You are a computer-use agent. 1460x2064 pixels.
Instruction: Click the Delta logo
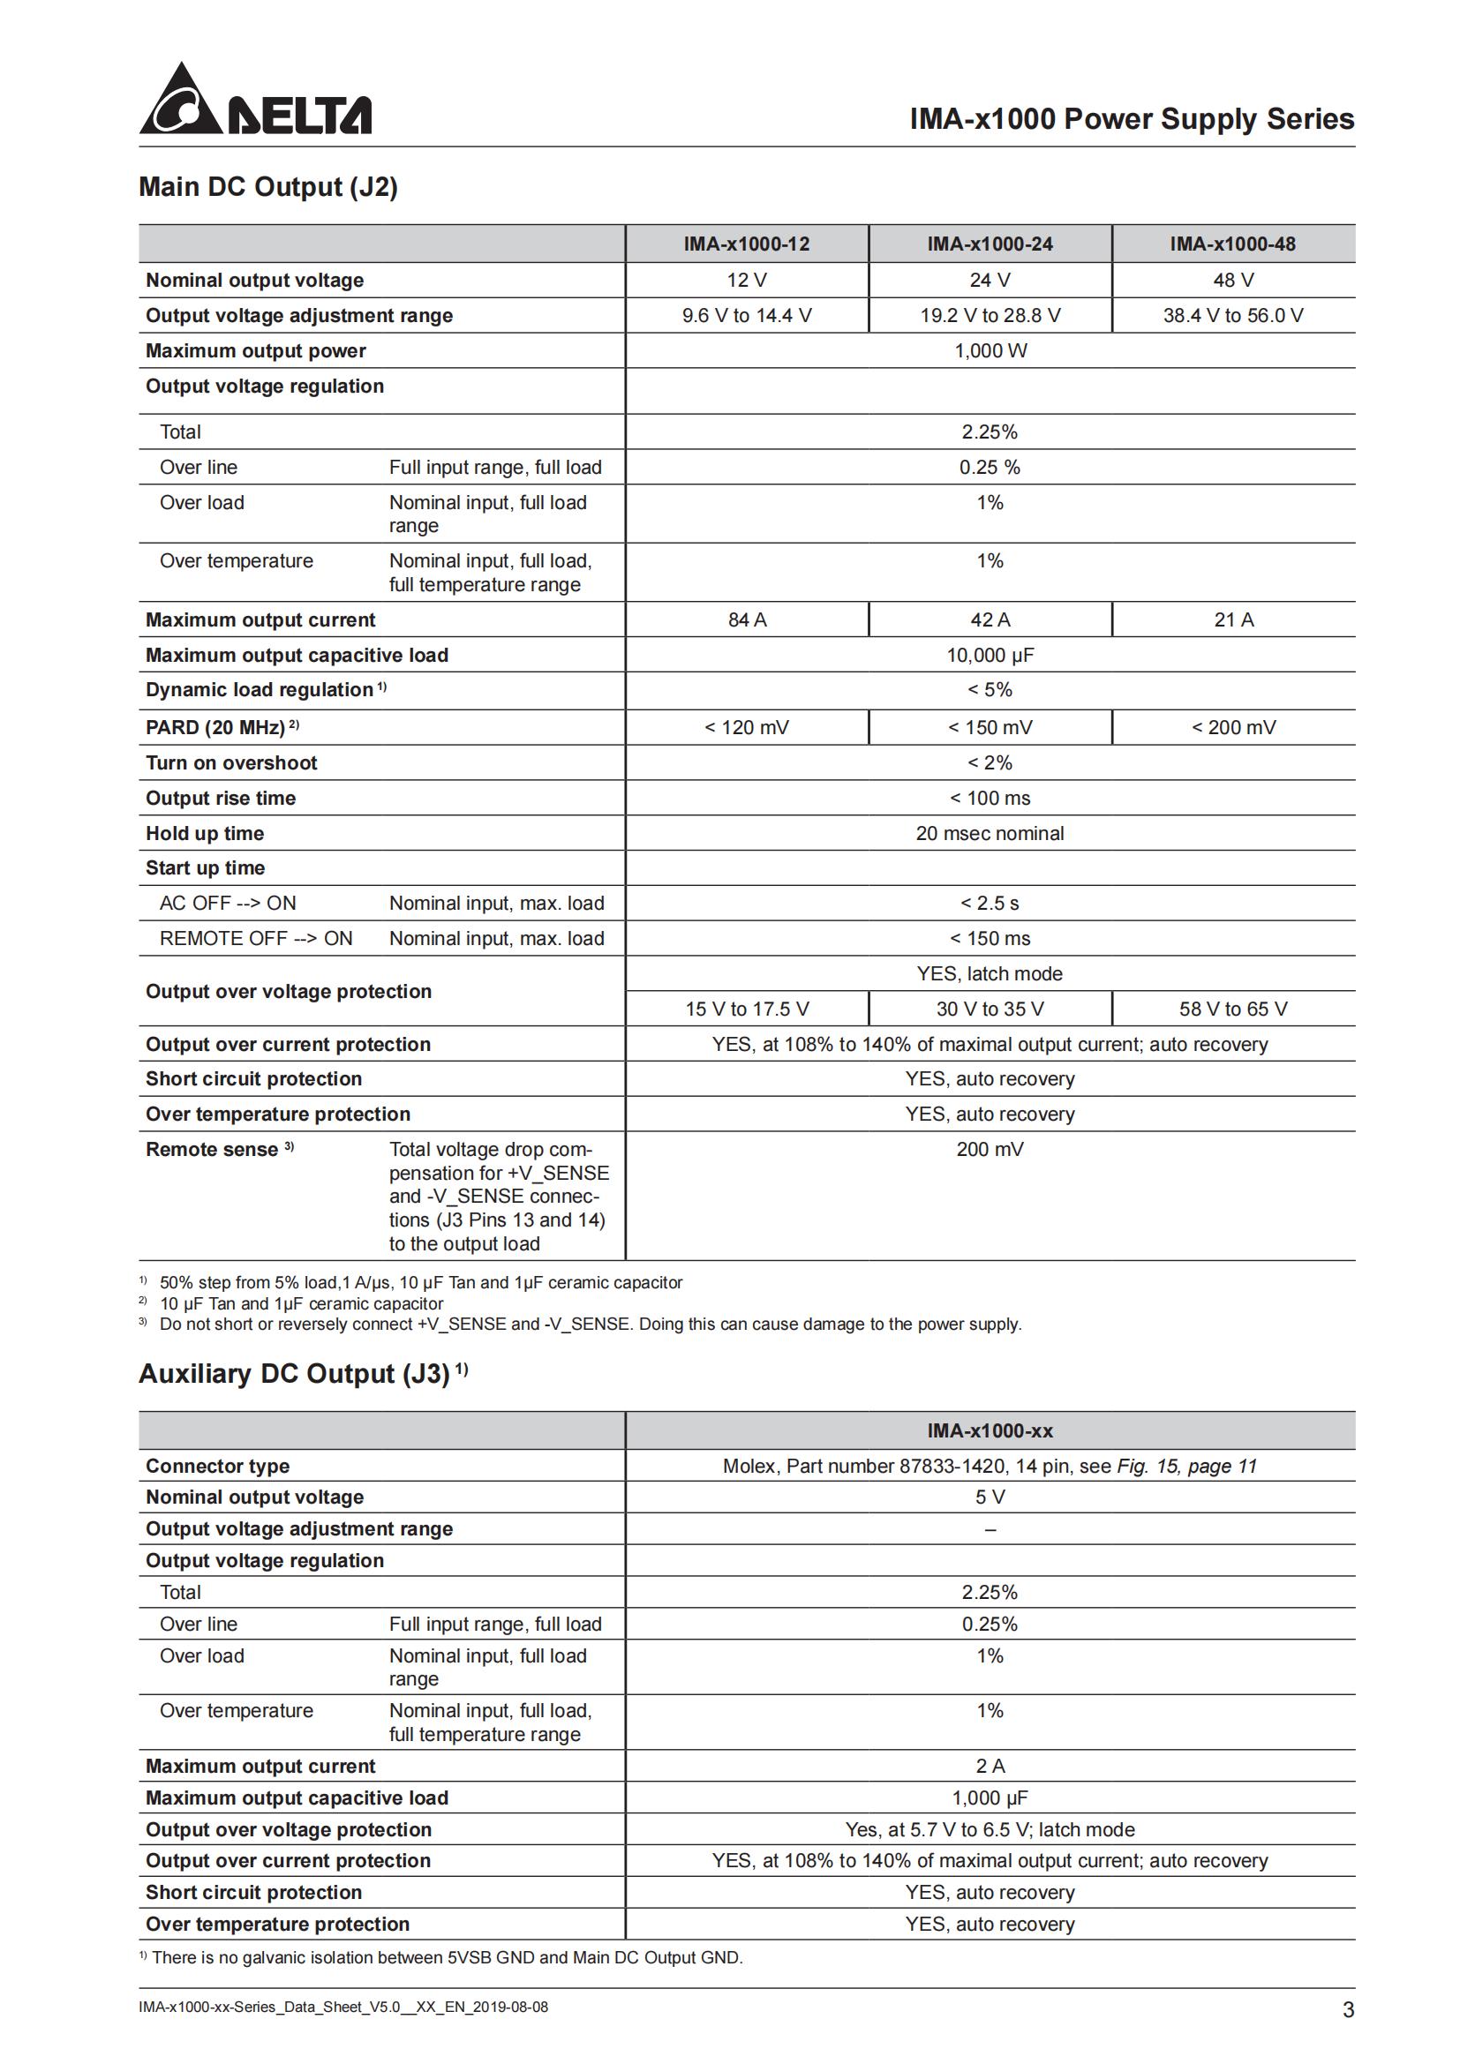(254, 100)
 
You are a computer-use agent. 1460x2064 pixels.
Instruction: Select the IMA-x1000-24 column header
(989, 244)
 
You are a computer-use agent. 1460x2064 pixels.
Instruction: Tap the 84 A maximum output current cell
(746, 619)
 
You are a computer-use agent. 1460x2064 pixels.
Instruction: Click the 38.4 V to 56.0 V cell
(1232, 316)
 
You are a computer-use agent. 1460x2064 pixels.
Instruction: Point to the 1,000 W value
(990, 350)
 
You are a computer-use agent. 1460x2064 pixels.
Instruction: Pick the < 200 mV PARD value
(1232, 727)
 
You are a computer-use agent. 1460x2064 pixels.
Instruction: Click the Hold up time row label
(205, 833)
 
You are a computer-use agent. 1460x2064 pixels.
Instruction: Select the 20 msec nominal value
(989, 833)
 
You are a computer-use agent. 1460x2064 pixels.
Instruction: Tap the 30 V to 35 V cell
(989, 1009)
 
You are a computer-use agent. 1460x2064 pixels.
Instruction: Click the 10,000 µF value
(989, 656)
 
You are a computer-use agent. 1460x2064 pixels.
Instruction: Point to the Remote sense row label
(212, 1149)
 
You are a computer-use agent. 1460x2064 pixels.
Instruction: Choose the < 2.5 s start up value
(989, 903)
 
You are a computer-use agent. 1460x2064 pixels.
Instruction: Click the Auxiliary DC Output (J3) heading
(294, 1374)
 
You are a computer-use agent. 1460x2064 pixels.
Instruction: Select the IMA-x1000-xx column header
(989, 1430)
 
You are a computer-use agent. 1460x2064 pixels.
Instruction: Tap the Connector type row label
(217, 1467)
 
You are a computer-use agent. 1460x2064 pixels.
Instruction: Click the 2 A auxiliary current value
(989, 1766)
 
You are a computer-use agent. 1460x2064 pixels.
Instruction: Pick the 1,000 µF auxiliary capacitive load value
(989, 1798)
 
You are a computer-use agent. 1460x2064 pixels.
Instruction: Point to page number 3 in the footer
(1348, 2010)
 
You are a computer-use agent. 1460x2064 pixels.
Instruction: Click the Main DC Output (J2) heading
(268, 187)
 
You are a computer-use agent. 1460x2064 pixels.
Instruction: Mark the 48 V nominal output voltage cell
(1232, 281)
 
